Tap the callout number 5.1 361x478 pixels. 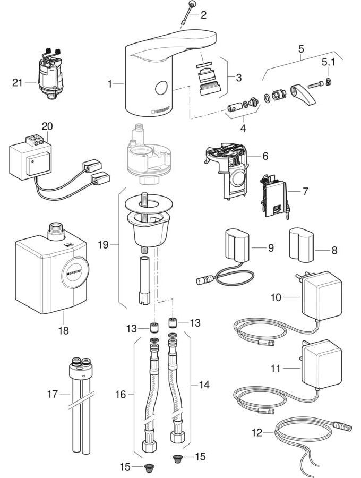click(329, 63)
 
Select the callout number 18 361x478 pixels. click(63, 330)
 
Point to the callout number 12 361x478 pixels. click(257, 432)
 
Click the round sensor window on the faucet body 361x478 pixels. click(161, 88)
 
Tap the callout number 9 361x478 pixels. click(270, 247)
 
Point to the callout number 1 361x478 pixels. click(110, 83)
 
